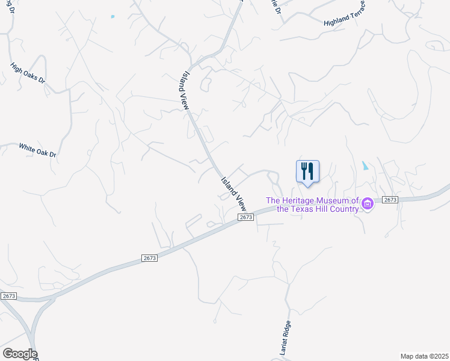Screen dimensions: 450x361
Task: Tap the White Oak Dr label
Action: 37,150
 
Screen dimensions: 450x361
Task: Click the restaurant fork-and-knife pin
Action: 307,171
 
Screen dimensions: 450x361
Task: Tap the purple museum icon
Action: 368,205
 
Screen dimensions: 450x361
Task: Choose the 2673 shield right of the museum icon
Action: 390,200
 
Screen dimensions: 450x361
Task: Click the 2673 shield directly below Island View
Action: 244,217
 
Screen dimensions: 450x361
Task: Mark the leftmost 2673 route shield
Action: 8,296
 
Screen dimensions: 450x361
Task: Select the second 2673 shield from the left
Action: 150,258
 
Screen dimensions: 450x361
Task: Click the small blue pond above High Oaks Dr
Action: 112,16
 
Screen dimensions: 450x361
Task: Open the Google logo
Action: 19,354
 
